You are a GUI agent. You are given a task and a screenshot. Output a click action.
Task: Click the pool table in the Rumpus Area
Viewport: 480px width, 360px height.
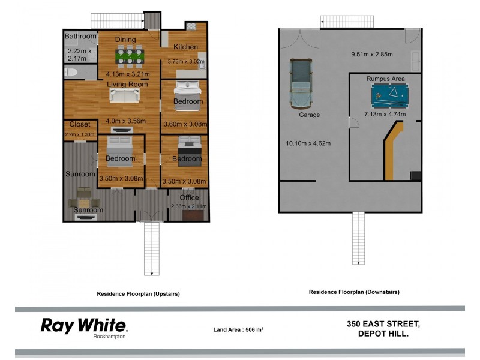[388, 94]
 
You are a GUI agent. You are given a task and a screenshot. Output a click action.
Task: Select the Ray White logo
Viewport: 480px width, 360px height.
[83, 325]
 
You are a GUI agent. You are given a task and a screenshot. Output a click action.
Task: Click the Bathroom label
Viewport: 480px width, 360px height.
[80, 36]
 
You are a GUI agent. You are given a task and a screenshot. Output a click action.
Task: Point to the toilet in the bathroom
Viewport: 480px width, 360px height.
[71, 73]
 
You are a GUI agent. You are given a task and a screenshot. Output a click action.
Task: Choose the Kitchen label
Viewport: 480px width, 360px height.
[185, 47]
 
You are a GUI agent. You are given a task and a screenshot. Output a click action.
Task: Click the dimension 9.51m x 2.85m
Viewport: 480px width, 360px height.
[372, 55]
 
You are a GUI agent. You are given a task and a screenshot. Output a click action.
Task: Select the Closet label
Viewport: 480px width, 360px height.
[80, 124]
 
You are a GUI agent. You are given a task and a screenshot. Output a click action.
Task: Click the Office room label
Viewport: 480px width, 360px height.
[189, 197]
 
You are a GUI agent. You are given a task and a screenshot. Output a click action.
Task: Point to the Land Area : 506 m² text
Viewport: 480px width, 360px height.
[239, 329]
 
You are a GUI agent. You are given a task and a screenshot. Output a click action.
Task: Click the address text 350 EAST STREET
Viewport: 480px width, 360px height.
[383, 324]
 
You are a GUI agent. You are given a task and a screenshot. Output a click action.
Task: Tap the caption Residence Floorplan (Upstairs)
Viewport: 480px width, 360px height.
[138, 294]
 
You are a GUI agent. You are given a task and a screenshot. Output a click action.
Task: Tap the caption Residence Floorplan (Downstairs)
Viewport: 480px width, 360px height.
[354, 292]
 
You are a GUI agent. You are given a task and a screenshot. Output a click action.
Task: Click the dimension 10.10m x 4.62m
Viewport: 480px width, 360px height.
[308, 143]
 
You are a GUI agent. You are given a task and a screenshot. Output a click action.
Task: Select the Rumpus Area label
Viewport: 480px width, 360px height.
[385, 79]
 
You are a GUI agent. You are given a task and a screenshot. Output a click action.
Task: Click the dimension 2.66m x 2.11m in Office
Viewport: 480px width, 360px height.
[188, 206]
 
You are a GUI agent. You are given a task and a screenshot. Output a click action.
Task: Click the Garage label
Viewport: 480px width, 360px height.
[309, 114]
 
